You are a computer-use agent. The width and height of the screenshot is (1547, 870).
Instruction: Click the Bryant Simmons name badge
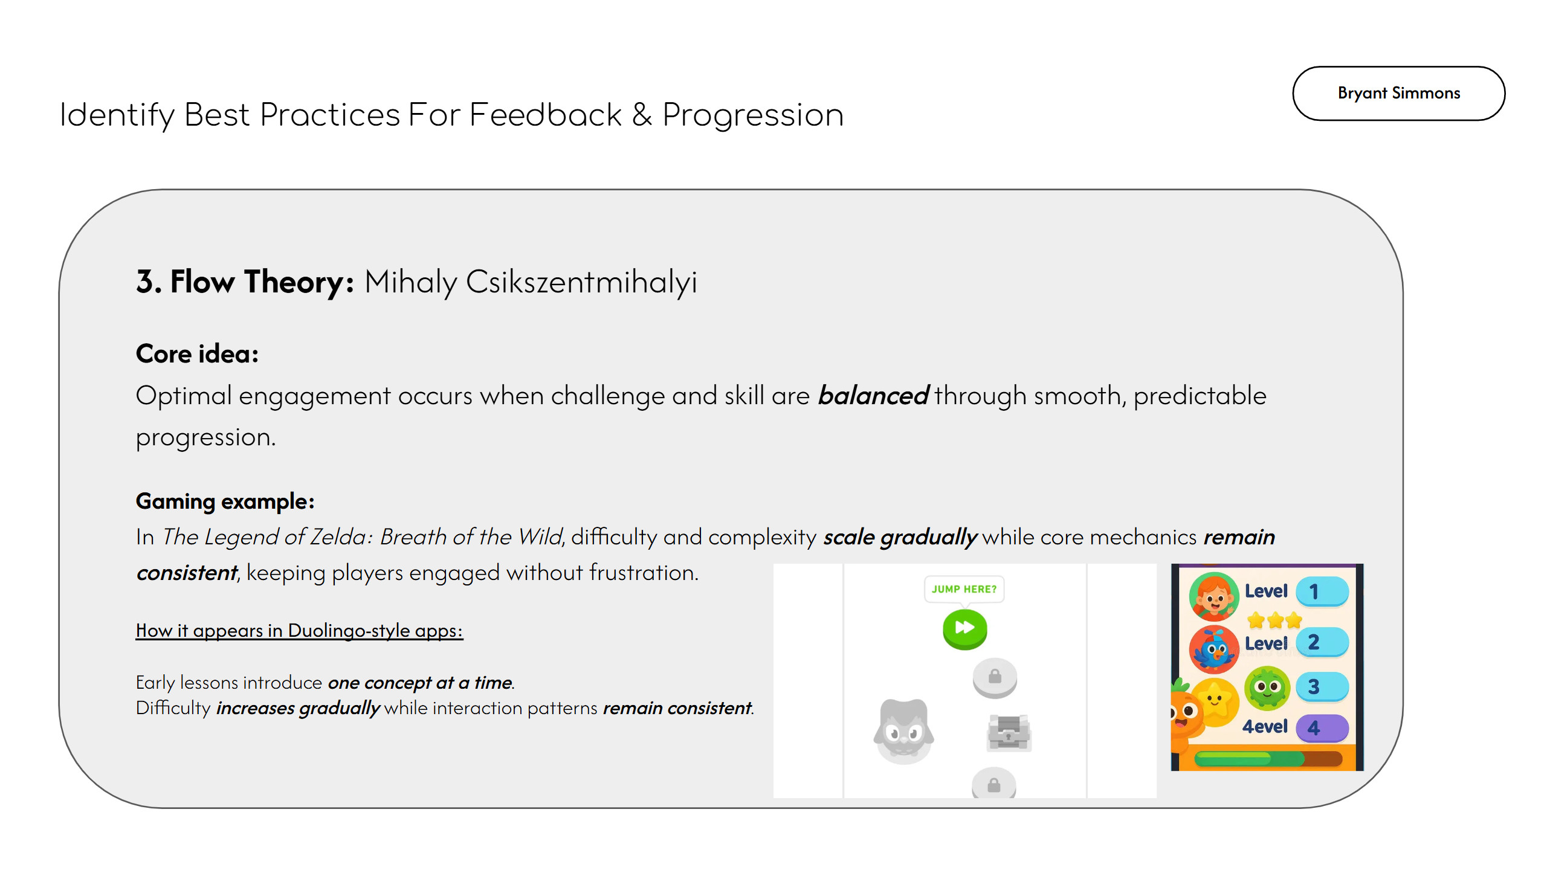point(1398,93)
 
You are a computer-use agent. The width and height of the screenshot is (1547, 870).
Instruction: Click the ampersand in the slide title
point(642,114)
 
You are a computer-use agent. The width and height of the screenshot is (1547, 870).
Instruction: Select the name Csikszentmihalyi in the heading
point(581,282)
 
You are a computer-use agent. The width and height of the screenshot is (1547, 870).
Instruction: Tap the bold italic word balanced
point(873,396)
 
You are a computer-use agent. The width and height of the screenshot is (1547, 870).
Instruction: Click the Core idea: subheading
point(197,353)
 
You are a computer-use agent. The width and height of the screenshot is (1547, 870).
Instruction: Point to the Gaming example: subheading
point(225,501)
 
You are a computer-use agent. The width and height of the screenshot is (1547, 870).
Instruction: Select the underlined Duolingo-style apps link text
point(375,630)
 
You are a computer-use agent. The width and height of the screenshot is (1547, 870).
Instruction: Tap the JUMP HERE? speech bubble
point(964,589)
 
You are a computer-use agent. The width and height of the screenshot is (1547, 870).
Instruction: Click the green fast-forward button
point(964,629)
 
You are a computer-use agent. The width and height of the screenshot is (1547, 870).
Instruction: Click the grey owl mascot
point(903,730)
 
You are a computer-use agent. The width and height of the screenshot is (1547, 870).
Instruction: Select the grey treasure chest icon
point(1009,733)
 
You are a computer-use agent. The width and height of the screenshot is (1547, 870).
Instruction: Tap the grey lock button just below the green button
point(995,677)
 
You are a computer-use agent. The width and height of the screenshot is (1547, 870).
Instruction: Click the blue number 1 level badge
point(1322,591)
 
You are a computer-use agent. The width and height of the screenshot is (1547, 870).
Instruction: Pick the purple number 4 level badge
point(1322,728)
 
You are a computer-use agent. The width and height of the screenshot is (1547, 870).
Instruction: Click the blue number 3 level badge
point(1322,687)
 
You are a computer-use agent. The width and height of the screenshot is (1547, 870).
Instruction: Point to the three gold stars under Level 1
point(1274,620)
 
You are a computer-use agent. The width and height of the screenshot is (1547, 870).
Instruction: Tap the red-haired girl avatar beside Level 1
point(1213,597)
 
